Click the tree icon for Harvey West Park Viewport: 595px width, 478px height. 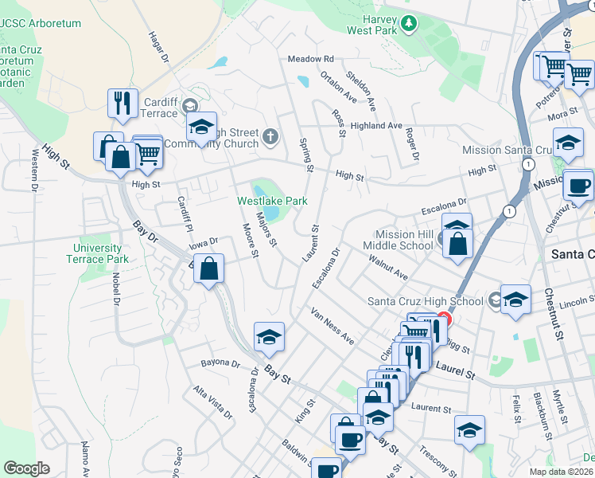click(409, 23)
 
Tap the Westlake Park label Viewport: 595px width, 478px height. click(272, 202)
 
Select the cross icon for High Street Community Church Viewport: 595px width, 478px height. click(270, 137)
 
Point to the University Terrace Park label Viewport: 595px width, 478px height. click(97, 253)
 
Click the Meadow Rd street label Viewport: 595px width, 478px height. click(310, 59)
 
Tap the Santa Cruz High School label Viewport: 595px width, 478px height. click(425, 301)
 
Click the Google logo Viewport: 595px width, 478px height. click(26, 468)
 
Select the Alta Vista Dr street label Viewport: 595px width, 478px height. click(212, 402)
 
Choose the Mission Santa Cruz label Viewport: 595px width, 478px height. click(507, 150)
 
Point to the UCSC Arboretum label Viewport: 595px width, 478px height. click(41, 24)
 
